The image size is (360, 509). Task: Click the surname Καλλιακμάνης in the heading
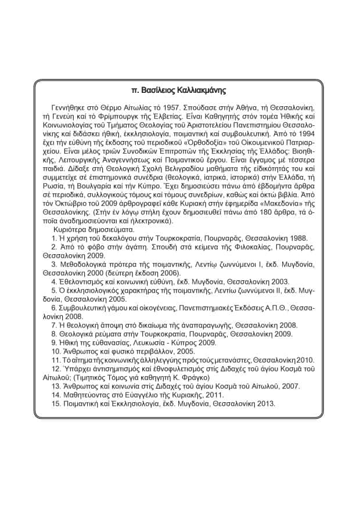199,91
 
